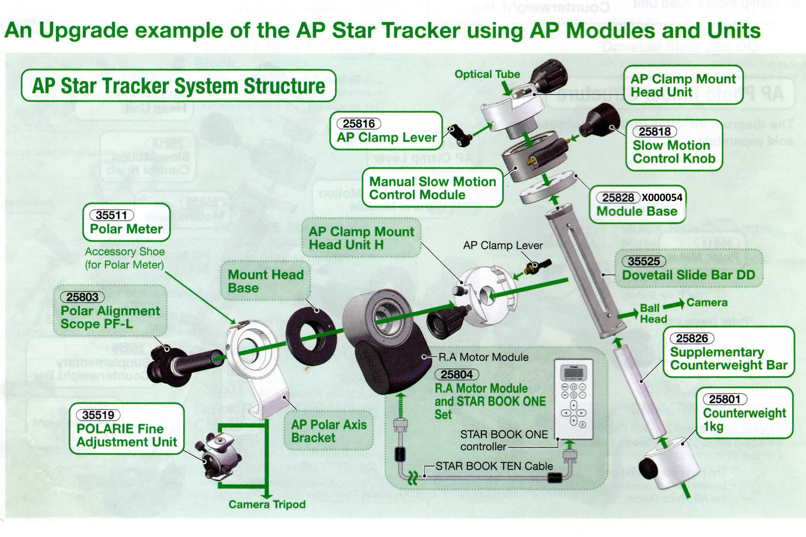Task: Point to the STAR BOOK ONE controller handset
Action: pyautogui.click(x=573, y=399)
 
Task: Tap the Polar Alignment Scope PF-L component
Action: pyautogui.click(x=182, y=364)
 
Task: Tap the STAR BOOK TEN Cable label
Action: pyautogui.click(x=494, y=466)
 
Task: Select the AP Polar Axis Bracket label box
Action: pyautogui.click(x=329, y=431)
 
